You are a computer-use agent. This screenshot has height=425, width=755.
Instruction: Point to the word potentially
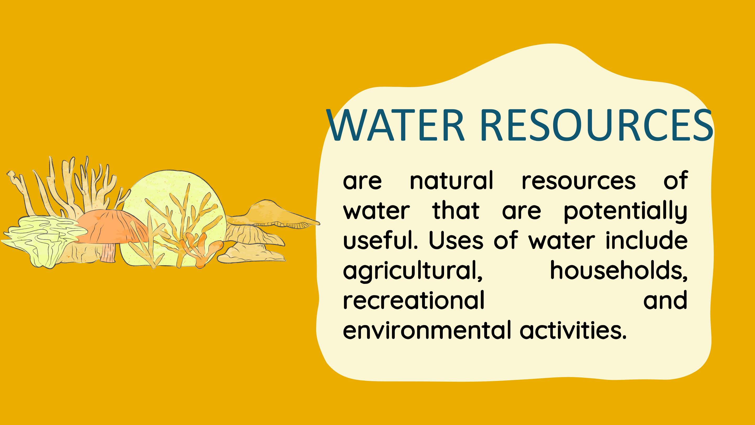pos(625,211)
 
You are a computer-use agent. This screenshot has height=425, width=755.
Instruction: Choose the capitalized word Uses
pos(456,241)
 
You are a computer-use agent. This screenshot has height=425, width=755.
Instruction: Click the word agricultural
pos(413,271)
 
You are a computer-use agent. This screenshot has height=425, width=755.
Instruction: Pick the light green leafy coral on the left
pos(44,241)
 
